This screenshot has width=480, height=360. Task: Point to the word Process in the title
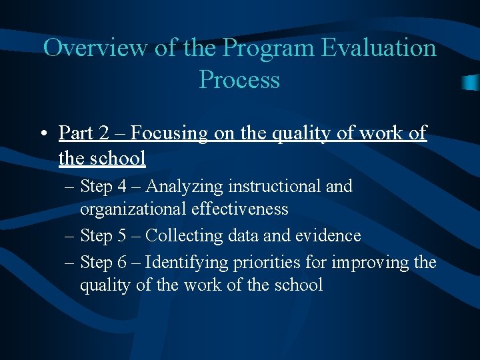pyautogui.click(x=239, y=80)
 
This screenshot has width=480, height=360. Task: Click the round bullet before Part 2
pyautogui.click(x=42, y=133)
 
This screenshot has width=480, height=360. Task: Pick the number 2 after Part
pyautogui.click(x=104, y=133)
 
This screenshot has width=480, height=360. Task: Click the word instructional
pyautogui.click(x=274, y=187)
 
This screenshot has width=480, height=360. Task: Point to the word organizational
pyautogui.click(x=133, y=209)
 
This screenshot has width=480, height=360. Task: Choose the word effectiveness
pyautogui.click(x=240, y=209)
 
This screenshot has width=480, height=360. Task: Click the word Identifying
pyautogui.click(x=187, y=263)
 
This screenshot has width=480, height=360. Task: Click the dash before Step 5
pyautogui.click(x=71, y=236)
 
